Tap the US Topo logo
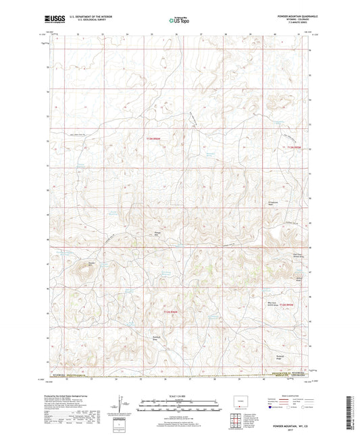point(179,21)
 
